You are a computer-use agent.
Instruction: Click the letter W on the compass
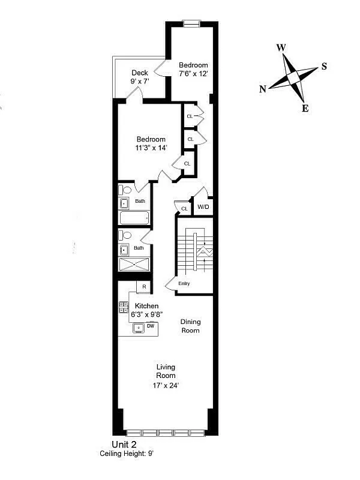point(281,48)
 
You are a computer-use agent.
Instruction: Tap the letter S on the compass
point(324,66)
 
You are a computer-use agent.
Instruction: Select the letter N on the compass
point(263,89)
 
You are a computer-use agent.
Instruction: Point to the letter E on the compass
point(305,109)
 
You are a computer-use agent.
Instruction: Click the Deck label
point(140,73)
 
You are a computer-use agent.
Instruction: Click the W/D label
point(203,207)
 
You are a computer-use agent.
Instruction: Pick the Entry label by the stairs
point(184,283)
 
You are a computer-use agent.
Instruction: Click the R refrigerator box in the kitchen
point(143,287)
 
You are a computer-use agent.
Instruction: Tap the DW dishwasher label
point(151,326)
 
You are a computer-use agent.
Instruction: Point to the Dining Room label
point(190,326)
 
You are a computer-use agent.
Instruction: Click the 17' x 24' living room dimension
point(166,386)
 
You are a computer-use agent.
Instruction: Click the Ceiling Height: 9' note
point(127,454)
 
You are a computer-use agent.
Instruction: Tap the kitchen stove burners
point(123,308)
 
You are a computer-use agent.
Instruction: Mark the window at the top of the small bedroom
point(191,23)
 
